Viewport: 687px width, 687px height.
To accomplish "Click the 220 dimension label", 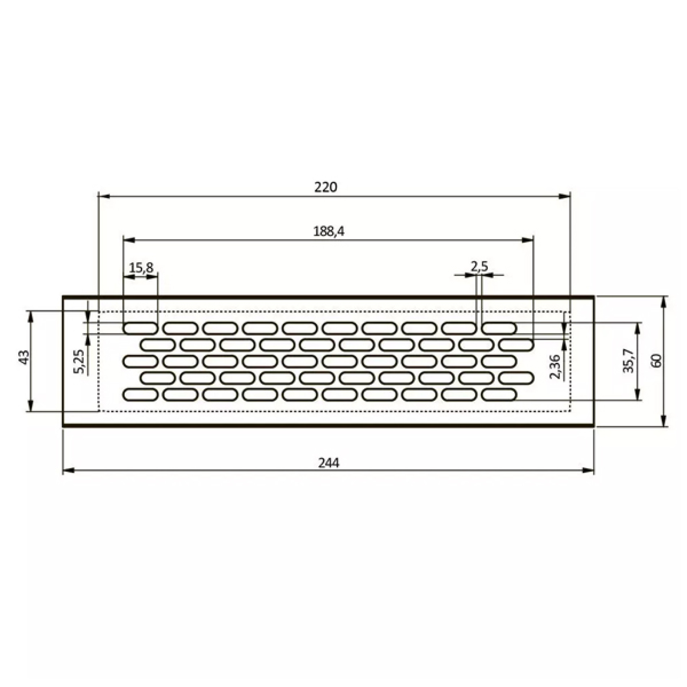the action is pos(325,187).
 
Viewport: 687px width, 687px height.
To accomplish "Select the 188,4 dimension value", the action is pos(329,231).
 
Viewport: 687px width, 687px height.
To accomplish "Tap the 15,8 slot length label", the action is pos(141,268).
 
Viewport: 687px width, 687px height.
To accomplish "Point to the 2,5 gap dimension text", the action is pos(479,267).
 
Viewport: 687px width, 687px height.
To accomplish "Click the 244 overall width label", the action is pos(329,463).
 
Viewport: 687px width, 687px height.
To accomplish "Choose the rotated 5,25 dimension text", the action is pos(80,361).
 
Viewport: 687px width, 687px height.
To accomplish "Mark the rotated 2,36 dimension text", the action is pos(555,367).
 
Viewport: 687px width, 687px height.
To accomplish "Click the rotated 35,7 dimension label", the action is pos(629,361).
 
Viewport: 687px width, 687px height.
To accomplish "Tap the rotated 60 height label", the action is pos(657,360).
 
